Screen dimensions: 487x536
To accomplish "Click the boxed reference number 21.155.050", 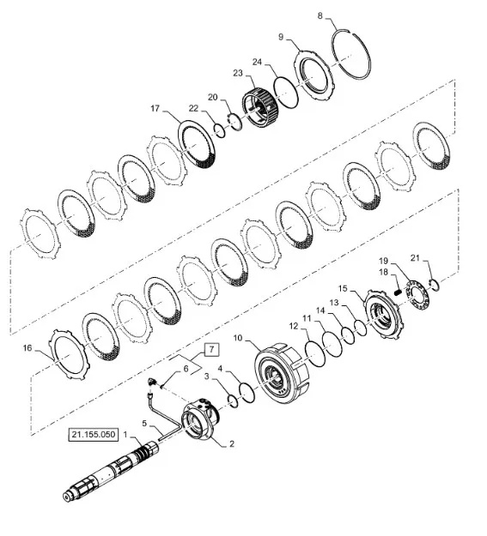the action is (x=93, y=435).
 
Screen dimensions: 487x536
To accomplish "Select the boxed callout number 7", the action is (x=211, y=349).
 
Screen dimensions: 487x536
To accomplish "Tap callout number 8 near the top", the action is (x=320, y=15).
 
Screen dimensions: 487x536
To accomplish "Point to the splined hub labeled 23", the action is (x=260, y=107).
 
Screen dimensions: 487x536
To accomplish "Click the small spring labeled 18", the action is (x=398, y=292).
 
